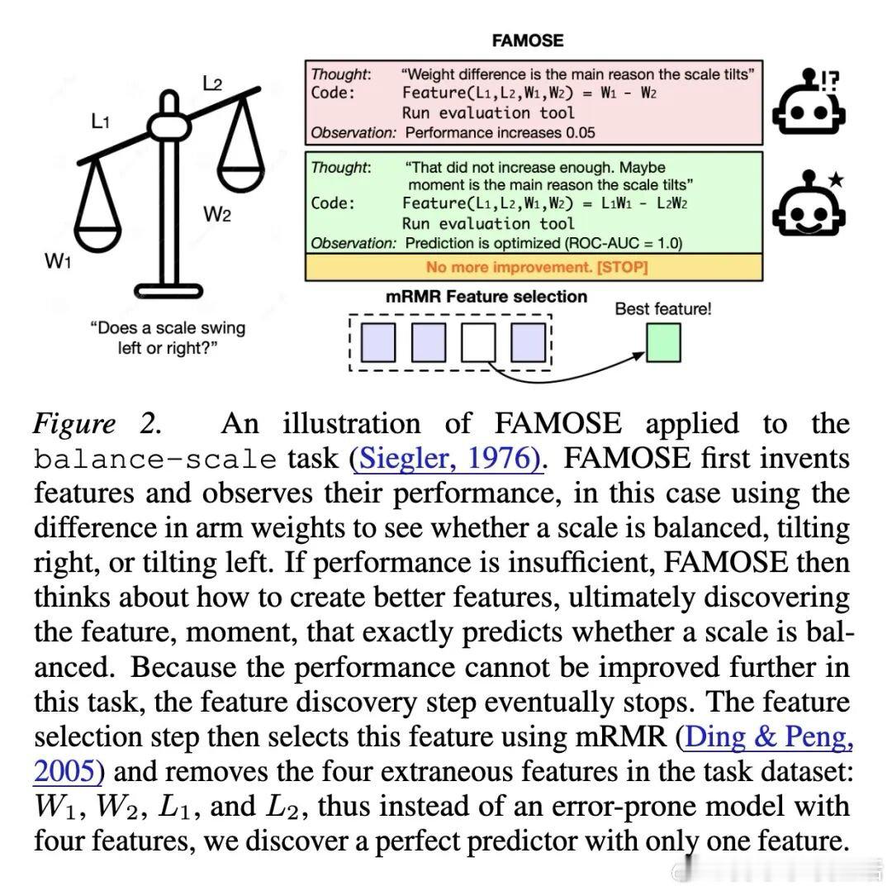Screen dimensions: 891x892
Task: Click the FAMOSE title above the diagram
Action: pos(527,40)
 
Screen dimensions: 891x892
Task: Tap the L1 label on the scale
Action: pos(100,122)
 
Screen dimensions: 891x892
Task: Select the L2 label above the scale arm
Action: pos(213,83)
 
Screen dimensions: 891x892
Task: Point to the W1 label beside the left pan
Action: pos(55,262)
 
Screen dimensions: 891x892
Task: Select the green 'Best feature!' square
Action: pos(662,343)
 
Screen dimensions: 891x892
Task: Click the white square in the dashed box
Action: pos(477,342)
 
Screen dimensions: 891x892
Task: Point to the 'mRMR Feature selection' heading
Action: pos(486,297)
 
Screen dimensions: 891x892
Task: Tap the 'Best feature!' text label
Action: pos(662,310)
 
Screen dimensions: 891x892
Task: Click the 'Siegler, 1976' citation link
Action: pos(447,458)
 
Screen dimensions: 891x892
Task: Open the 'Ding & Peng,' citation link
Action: pos(769,736)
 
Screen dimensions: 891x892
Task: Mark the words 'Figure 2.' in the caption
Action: pos(96,424)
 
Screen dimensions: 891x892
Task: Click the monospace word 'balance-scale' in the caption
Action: pos(155,459)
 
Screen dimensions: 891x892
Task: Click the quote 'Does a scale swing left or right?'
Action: pos(168,337)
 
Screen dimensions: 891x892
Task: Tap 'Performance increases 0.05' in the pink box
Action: pos(501,132)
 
